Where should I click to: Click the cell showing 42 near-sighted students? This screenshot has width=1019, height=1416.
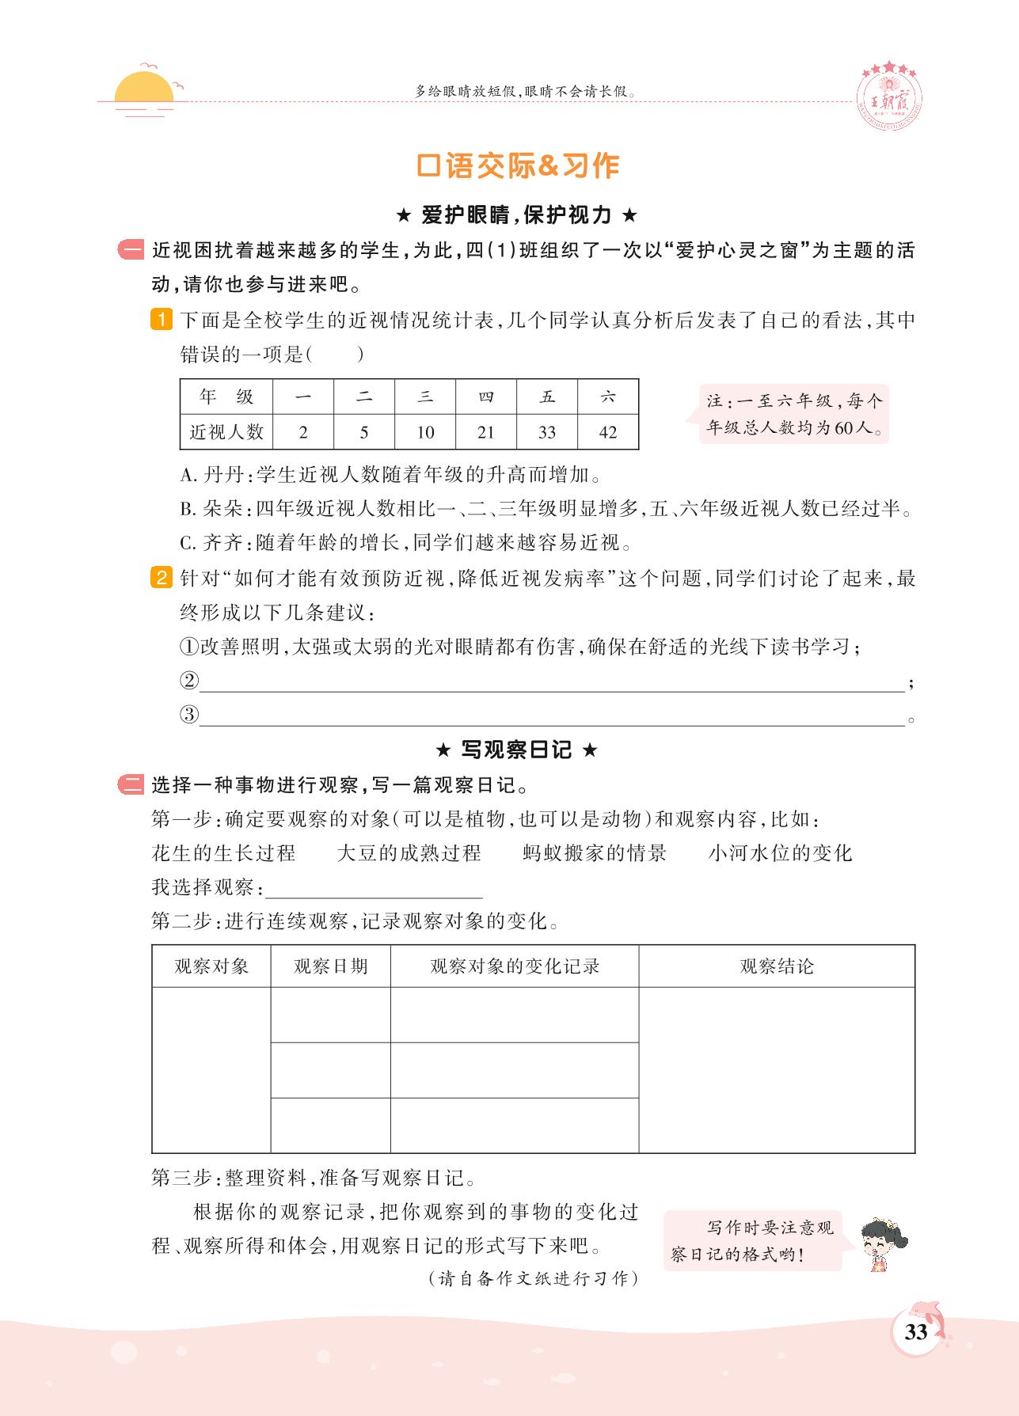point(607,432)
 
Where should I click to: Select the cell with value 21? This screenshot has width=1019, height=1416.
point(485,432)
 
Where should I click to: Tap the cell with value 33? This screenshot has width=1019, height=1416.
point(546,432)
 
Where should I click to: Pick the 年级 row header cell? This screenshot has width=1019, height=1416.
point(226,397)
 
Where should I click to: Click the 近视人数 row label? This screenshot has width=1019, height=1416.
point(226,432)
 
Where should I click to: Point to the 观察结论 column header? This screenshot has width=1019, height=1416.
point(776,966)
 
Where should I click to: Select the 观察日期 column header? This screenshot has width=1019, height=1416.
point(330,966)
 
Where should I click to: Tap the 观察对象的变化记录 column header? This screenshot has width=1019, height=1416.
point(514,966)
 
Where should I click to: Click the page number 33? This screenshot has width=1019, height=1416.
point(915,1332)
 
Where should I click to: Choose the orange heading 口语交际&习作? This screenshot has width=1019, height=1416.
point(517,165)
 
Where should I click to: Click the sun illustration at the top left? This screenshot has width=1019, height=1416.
point(143,89)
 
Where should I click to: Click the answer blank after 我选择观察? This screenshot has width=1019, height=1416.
point(374,889)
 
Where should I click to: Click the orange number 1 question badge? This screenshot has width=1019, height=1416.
point(161,321)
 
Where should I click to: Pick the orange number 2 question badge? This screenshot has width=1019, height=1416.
point(161,579)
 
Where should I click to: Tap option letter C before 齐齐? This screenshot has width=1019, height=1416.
point(187,543)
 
